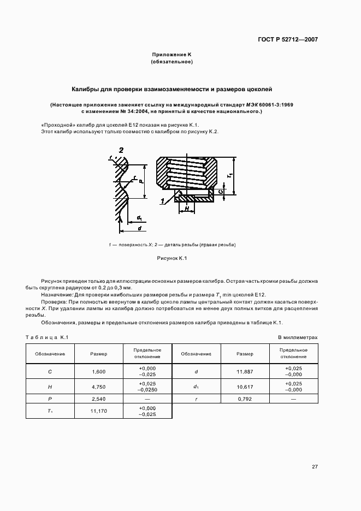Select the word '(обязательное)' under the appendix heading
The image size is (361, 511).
[x=171, y=62]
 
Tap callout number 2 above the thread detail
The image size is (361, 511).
[x=121, y=150]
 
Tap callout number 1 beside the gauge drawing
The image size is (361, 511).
[x=163, y=201]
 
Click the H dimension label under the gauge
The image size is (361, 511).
[x=186, y=209]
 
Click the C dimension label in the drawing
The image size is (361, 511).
[x=219, y=192]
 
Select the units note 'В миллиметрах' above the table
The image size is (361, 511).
[x=298, y=337]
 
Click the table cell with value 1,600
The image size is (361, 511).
[x=98, y=372]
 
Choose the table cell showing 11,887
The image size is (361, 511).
[x=245, y=372]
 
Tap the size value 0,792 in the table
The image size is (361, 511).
[x=245, y=399]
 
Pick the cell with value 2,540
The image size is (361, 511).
[x=98, y=399]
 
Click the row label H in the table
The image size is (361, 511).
[x=50, y=387]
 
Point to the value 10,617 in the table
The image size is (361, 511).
[x=245, y=387]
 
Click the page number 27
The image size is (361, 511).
[x=315, y=466]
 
